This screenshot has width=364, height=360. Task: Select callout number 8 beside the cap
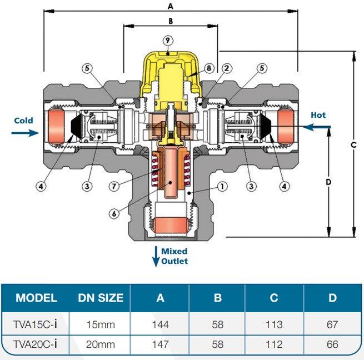coord(209,68)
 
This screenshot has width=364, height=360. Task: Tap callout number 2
coord(227,68)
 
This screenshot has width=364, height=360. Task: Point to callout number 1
coord(222,187)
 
